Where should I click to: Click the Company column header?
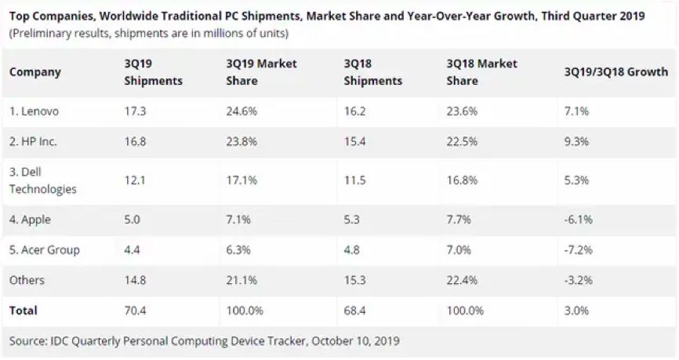tap(34, 72)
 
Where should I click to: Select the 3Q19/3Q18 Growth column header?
tap(615, 72)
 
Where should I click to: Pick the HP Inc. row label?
tap(34, 143)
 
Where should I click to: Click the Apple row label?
tap(31, 220)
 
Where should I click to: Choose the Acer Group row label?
tap(44, 250)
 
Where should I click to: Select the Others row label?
tap(27, 280)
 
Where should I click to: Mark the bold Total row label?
tap(24, 311)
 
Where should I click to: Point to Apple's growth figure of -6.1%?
tap(577, 220)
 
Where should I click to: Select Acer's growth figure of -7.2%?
tap(577, 250)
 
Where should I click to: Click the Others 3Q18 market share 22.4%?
tap(461, 280)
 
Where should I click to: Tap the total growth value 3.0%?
tap(576, 311)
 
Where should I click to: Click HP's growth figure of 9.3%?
tap(576, 143)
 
